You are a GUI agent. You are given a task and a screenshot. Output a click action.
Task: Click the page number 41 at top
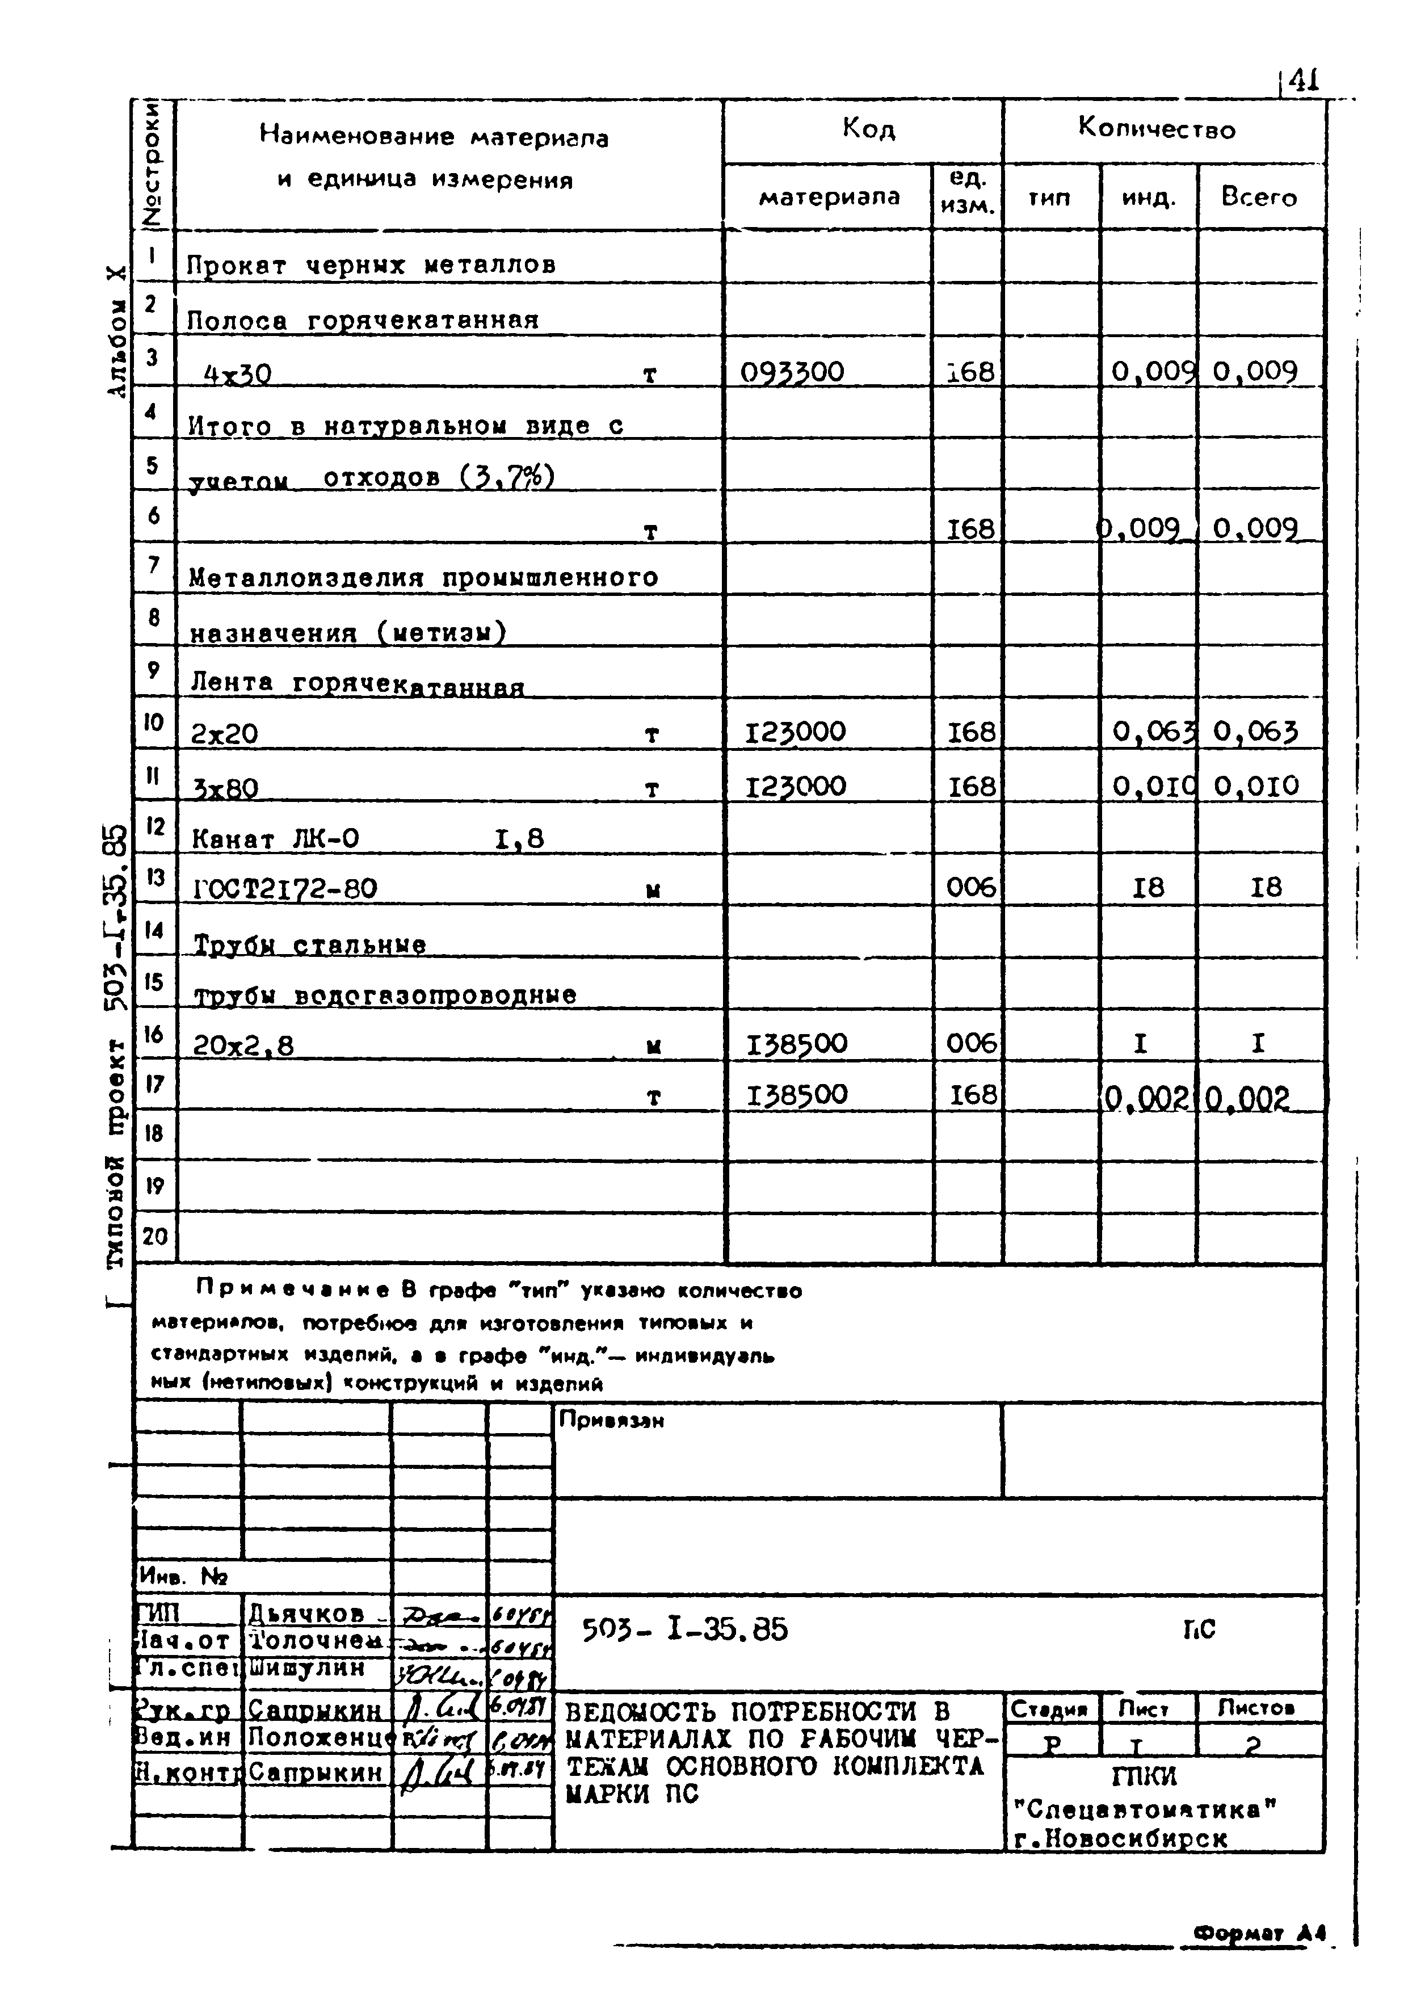point(1303,81)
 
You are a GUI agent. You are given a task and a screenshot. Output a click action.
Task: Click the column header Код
point(867,129)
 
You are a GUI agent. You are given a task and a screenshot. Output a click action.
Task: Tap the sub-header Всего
point(1259,198)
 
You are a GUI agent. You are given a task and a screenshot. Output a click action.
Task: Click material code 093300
point(792,372)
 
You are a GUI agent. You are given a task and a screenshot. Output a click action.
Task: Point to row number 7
point(153,565)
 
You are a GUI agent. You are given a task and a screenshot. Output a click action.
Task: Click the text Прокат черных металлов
point(371,264)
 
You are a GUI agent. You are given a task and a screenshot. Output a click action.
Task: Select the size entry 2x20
point(224,734)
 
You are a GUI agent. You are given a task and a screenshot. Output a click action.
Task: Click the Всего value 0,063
point(1255,733)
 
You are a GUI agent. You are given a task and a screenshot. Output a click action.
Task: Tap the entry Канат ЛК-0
point(275,838)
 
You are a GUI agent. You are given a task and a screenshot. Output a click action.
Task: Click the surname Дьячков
point(306,1612)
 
